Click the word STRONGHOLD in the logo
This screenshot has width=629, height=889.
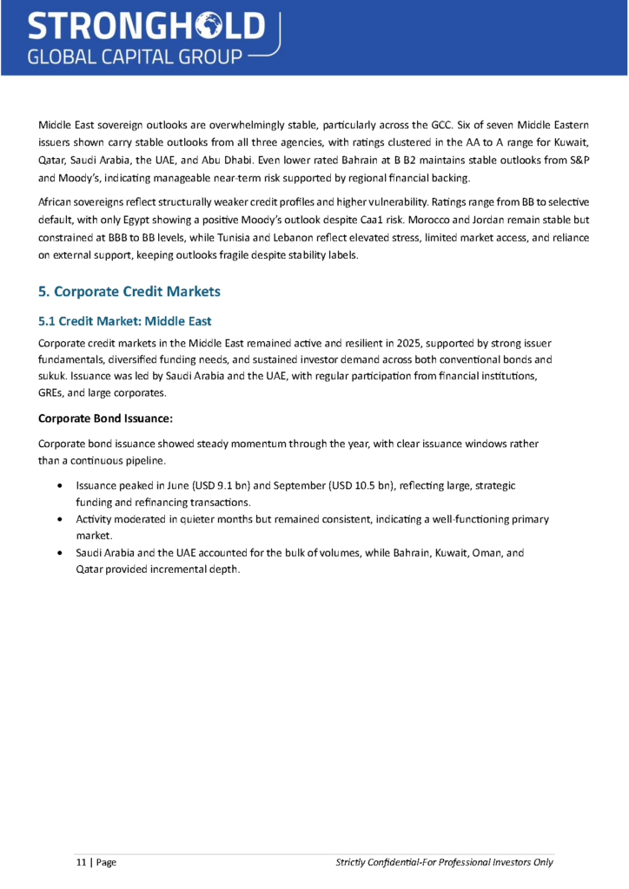(146, 28)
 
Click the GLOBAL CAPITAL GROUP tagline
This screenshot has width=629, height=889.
(135, 57)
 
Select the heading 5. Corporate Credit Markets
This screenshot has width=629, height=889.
(129, 290)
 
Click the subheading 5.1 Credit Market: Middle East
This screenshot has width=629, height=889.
(125, 321)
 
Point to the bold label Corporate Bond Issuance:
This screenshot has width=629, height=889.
(105, 418)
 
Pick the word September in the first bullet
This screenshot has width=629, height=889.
(300, 485)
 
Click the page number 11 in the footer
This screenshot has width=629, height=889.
(81, 862)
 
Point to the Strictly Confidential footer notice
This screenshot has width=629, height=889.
(444, 862)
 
